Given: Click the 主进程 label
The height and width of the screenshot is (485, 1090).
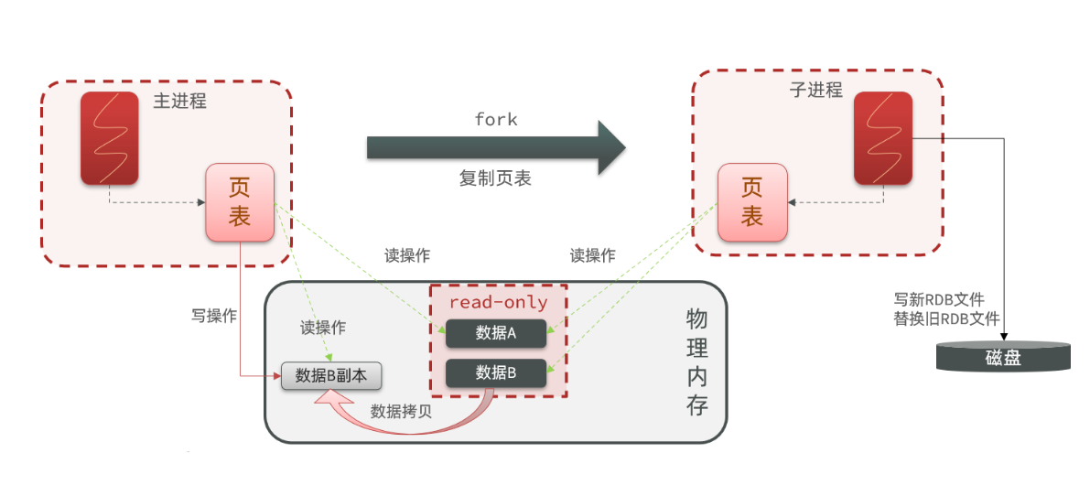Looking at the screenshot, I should point(179,101).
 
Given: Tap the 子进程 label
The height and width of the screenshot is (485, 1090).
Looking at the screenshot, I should point(815,90).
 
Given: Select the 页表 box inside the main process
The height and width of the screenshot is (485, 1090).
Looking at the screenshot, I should point(240,202).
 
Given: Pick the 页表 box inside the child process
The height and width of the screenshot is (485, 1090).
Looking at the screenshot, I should point(751,202).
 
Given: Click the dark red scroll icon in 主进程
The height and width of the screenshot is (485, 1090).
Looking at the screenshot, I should point(110,137).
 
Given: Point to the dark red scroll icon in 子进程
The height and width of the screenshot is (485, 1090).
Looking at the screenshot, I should point(882,137).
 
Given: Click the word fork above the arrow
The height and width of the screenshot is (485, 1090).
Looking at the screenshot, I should point(496,120).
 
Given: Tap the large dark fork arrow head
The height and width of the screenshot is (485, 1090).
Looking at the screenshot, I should point(610,147).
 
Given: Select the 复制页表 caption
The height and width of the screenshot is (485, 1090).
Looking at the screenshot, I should point(495,178).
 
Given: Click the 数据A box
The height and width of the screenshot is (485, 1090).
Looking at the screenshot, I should point(496,334).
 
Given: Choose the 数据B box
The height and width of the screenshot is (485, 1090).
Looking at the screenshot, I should point(496,372).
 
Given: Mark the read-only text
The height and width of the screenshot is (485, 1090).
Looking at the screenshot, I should point(498,302).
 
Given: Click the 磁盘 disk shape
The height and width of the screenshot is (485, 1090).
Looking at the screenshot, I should point(1003,357).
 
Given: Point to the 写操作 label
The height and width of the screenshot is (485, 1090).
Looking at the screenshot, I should point(214,317).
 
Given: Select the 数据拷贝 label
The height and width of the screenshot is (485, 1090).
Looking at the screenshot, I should point(401,411).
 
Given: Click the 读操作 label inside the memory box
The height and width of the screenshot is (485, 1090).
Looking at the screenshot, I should point(323,328).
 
